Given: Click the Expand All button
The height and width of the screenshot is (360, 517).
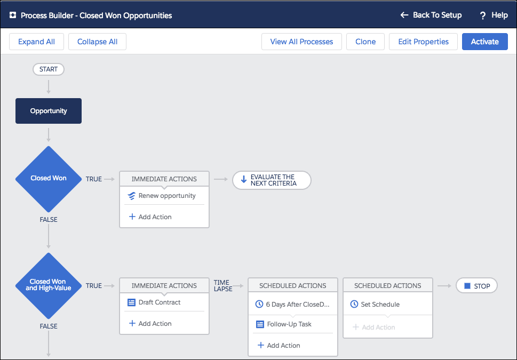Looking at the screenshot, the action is [x=36, y=42].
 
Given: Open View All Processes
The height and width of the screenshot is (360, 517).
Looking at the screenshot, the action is [x=301, y=42].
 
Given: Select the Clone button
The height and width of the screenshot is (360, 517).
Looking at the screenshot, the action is [x=365, y=42].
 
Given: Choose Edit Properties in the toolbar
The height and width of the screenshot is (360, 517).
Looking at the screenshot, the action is [x=423, y=42].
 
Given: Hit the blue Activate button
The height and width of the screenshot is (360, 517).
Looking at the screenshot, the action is [x=484, y=42].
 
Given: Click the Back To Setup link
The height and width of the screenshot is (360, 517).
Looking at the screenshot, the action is [x=431, y=15].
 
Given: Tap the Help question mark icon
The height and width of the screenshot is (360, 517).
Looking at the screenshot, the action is [x=483, y=15].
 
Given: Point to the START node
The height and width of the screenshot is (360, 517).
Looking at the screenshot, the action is [x=49, y=69].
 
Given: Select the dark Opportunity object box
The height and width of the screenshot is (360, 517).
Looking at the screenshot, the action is [x=49, y=111].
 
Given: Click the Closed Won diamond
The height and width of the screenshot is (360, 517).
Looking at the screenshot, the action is [x=49, y=179].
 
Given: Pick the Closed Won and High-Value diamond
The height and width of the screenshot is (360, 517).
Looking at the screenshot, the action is [x=49, y=285].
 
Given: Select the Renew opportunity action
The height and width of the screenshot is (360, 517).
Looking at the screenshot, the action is [x=162, y=196].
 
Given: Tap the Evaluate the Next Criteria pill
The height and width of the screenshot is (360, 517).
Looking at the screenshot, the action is [x=272, y=180].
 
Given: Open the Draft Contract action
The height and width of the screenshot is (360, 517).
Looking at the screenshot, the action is [x=154, y=302].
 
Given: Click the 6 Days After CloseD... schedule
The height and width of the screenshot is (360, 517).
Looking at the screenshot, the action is [x=292, y=305].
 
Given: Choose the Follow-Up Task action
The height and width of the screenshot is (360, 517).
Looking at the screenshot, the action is [x=284, y=324].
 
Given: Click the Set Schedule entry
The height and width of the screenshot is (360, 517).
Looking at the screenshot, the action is [x=375, y=305].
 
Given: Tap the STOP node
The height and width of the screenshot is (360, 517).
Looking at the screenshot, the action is [x=476, y=286].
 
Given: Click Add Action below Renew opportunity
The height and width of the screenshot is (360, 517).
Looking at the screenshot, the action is [x=150, y=217].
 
